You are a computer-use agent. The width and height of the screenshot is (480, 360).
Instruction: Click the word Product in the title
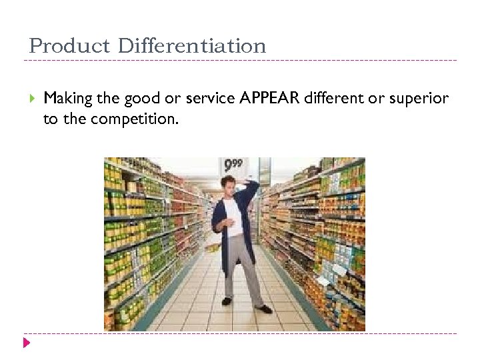tap(70, 47)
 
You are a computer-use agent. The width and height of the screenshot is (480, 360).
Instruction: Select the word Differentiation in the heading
tap(192, 47)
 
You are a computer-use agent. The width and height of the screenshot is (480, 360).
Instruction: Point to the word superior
tap(419, 99)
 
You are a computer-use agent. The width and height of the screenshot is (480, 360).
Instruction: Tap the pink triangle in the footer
tap(26, 343)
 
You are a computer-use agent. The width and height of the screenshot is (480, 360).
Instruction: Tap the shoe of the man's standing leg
tap(227, 301)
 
